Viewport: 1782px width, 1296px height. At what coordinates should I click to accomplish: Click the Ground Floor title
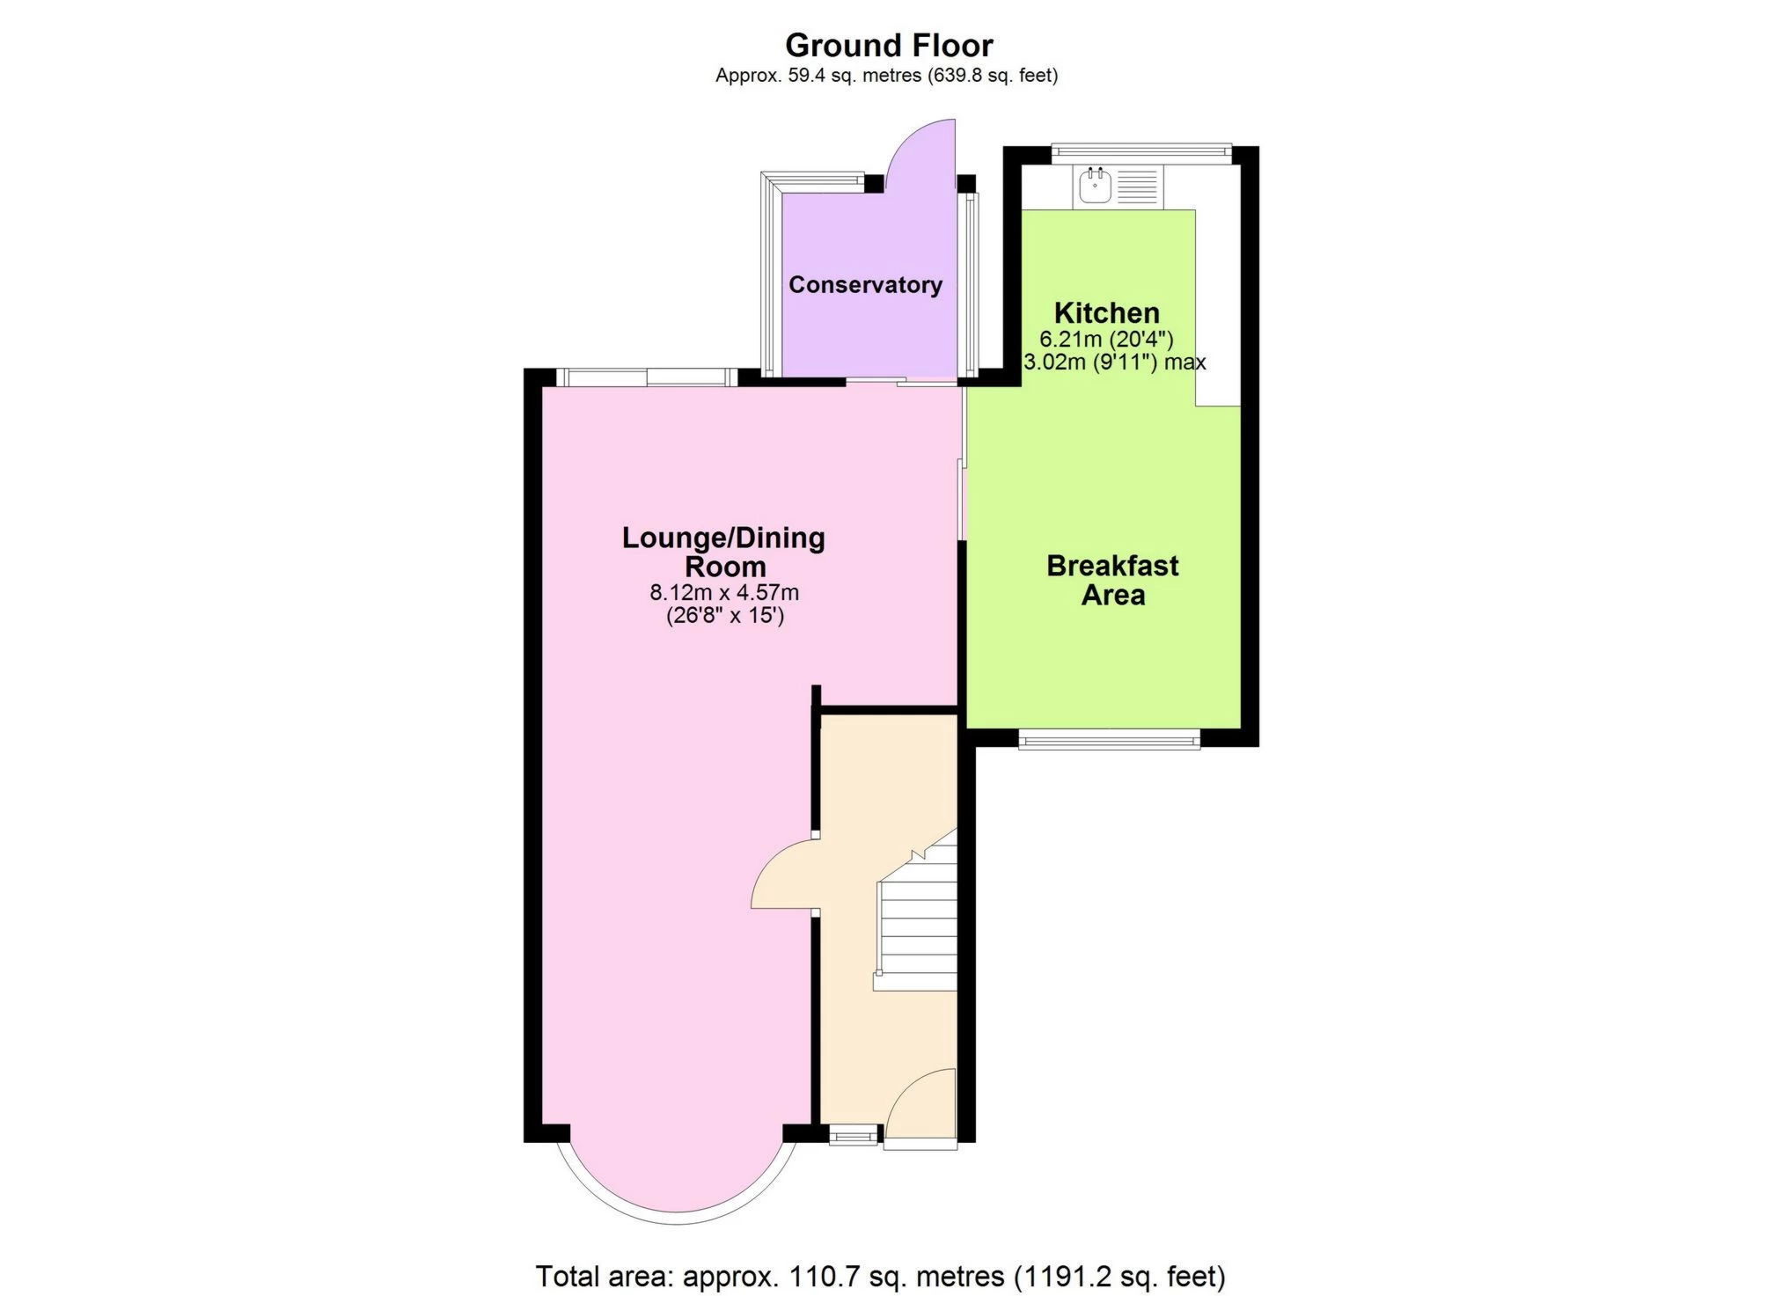click(x=889, y=45)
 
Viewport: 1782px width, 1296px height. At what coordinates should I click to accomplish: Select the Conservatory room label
click(x=865, y=284)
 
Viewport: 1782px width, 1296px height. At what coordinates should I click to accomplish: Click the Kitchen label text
click(x=1106, y=312)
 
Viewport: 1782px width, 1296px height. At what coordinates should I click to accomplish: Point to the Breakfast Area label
click(x=1112, y=580)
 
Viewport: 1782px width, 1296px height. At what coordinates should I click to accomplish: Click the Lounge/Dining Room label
click(x=723, y=552)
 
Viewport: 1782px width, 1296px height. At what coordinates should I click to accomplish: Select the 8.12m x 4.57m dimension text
click(x=724, y=592)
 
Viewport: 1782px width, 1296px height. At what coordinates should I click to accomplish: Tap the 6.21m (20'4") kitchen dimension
click(x=1106, y=339)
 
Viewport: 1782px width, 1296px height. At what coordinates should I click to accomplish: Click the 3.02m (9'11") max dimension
click(x=1114, y=362)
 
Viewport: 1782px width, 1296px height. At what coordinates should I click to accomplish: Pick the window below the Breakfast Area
click(x=1109, y=739)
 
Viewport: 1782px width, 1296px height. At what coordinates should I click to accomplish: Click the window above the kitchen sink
click(x=1141, y=153)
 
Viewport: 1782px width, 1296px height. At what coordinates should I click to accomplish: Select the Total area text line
click(x=880, y=1276)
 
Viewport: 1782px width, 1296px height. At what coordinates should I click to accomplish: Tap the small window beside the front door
click(x=853, y=1135)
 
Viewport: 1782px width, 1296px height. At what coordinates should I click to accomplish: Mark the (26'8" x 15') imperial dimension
click(x=725, y=615)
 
